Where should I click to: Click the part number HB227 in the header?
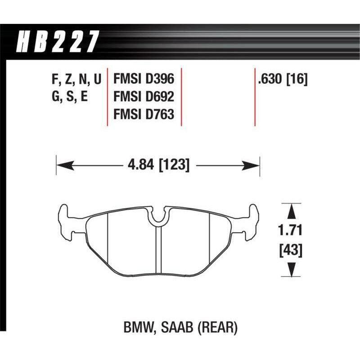click(58, 42)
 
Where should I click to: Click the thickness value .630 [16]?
click(282, 80)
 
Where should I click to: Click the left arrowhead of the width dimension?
click(63, 166)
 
